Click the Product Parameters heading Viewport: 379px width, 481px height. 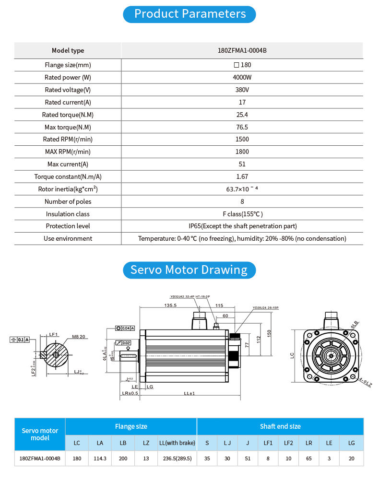tap(189, 14)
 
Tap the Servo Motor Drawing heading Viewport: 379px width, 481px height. tap(189, 270)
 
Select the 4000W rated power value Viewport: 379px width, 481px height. tap(242, 77)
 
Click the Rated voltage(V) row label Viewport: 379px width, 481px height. tap(68, 90)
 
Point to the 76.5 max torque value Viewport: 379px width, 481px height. tap(242, 127)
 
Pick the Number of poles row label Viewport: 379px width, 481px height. tap(68, 201)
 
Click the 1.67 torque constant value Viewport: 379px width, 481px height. tap(242, 176)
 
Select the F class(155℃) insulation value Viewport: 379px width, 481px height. tap(242, 214)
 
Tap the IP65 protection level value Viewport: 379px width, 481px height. tap(242, 226)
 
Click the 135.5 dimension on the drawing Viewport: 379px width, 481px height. tap(170, 305)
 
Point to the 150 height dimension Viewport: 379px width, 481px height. tap(270, 333)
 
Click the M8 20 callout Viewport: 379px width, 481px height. tap(78, 337)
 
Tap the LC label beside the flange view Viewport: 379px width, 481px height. tap(292, 355)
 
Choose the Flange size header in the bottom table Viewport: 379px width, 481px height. tap(131, 426)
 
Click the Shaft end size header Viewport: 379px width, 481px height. tap(280, 426)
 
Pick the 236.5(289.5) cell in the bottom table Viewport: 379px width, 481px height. tap(178, 458)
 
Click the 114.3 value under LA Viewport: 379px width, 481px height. tap(100, 458)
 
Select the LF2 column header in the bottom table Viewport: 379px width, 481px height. tap(288, 443)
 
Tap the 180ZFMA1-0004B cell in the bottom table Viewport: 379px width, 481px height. tap(40, 458)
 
